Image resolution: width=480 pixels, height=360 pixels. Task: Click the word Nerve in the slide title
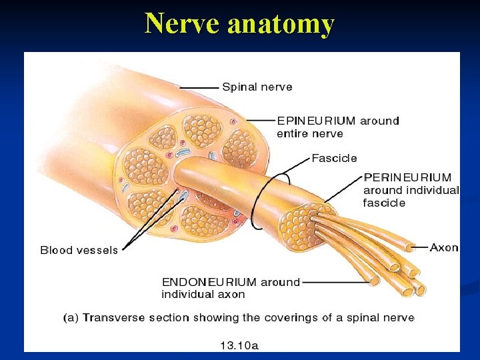click(183, 23)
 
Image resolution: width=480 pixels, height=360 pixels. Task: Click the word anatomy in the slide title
click(281, 25)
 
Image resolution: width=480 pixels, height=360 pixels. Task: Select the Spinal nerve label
click(257, 87)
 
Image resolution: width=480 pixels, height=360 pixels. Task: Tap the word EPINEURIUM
click(316, 121)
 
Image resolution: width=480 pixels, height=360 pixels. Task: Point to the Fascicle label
click(334, 159)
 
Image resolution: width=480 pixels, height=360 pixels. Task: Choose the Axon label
click(444, 247)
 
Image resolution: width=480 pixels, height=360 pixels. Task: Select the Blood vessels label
click(79, 250)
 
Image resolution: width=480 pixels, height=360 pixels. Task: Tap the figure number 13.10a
click(239, 345)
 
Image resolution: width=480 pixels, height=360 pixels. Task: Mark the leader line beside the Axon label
click(419, 247)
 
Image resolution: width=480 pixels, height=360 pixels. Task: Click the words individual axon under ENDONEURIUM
click(203, 294)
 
